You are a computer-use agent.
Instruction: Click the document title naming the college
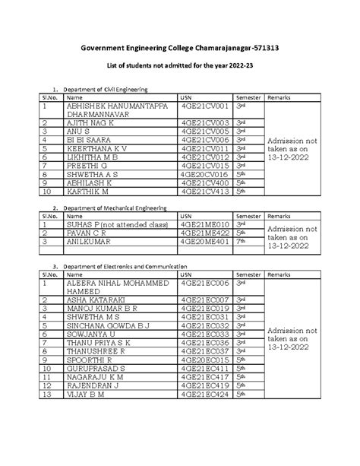(x=180, y=47)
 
